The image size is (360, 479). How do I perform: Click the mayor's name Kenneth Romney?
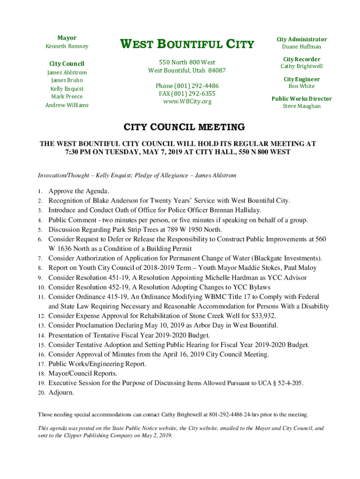click(66, 46)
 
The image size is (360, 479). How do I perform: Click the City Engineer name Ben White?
click(302, 86)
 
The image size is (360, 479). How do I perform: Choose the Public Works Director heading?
click(302, 99)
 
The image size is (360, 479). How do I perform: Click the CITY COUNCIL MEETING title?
click(184, 127)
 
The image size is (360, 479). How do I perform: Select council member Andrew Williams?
click(66, 105)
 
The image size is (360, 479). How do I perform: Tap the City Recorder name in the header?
click(302, 66)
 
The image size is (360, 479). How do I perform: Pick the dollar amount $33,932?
click(263, 316)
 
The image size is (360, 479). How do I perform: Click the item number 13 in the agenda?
click(41, 326)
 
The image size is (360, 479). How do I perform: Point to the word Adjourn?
click(61, 392)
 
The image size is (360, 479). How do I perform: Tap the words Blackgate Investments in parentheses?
click(286, 258)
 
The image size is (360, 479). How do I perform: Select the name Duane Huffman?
click(302, 47)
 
